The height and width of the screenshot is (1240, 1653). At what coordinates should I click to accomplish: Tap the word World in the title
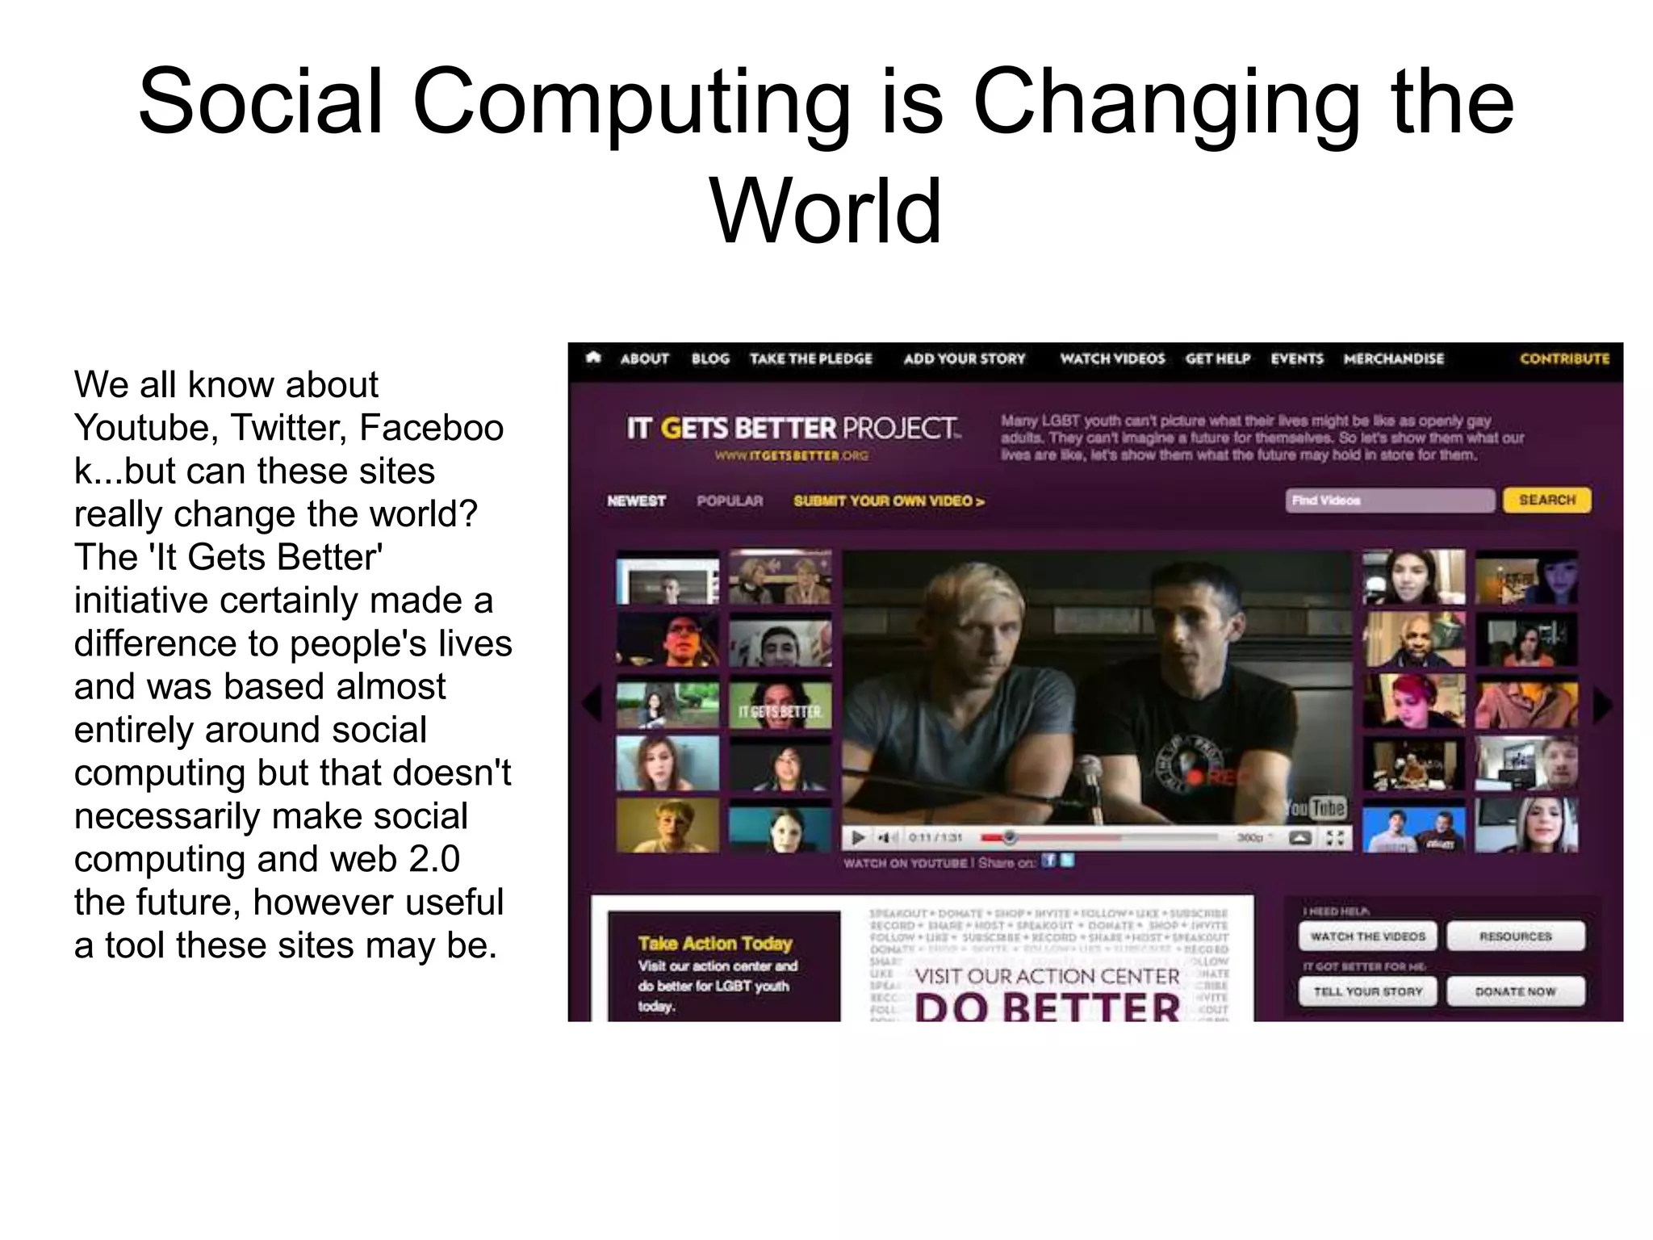(826, 212)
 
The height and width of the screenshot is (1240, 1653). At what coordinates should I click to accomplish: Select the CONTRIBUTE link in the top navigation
(1564, 358)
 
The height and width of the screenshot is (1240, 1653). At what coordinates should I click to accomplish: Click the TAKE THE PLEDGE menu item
(810, 358)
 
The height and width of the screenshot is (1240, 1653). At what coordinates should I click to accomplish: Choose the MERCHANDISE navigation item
(1393, 358)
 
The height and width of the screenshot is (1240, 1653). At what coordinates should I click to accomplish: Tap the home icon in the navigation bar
(594, 358)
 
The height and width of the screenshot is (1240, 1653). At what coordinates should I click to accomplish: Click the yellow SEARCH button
(1546, 501)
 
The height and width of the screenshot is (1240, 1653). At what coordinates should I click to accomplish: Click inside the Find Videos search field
(1389, 501)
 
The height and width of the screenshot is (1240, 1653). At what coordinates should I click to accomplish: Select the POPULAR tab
(730, 501)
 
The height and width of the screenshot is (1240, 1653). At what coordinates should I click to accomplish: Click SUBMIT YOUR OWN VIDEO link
(889, 501)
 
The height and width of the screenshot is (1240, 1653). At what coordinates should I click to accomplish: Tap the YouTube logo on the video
(1316, 807)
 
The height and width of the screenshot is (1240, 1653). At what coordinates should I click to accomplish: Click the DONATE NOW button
(1515, 991)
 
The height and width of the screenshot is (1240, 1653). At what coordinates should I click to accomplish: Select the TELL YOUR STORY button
(1368, 991)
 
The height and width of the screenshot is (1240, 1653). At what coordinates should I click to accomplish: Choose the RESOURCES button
(1515, 936)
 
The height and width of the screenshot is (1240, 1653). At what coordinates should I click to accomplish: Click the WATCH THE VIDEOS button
(1368, 936)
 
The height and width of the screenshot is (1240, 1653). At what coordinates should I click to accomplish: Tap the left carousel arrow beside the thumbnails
(592, 704)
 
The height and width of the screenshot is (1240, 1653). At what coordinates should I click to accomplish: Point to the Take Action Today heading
(715, 943)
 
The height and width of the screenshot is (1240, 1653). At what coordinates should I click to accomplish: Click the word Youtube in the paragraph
(145, 428)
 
